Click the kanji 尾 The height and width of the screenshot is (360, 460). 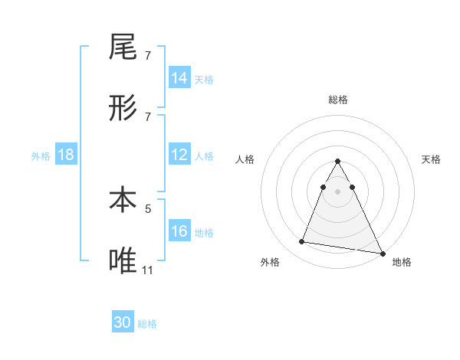point(123,47)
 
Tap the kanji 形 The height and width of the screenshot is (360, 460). point(123,110)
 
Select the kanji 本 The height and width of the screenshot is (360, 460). point(123,200)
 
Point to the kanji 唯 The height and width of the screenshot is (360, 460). point(123,261)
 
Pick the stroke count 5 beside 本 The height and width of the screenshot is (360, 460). point(148,208)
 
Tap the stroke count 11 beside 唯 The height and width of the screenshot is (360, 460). point(148,270)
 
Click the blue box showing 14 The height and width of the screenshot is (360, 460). point(179,78)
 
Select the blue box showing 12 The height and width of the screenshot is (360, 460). point(179,155)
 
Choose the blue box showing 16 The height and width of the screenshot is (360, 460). point(179,231)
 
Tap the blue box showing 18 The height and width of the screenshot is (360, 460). point(66,155)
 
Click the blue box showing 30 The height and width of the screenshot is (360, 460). point(123,322)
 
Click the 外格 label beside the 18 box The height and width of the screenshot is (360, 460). point(41,155)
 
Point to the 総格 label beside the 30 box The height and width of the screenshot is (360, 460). point(147,324)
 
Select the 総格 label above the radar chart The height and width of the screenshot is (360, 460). point(338,100)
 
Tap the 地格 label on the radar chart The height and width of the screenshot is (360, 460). point(402,262)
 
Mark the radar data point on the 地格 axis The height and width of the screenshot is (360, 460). point(381,253)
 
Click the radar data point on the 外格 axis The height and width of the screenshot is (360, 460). point(302,242)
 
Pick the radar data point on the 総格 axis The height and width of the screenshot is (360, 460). point(338,161)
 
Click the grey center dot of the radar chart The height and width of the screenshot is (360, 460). point(338,191)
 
